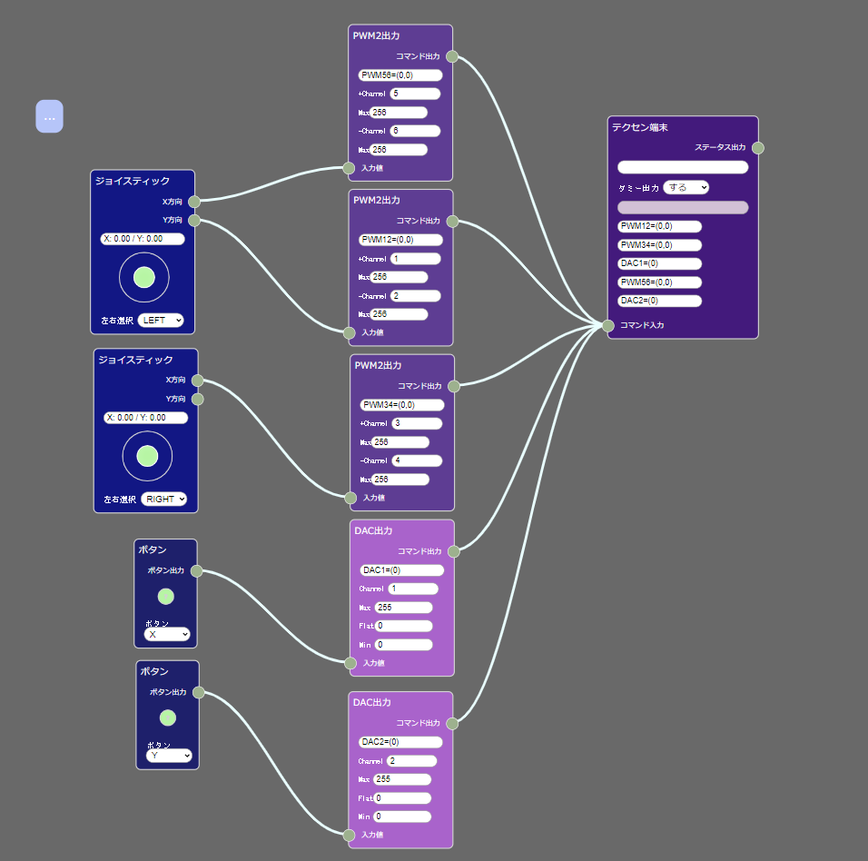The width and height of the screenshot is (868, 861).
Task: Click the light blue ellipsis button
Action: point(49,116)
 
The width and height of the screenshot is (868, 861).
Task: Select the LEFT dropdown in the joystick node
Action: point(161,320)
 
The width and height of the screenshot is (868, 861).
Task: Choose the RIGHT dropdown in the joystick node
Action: point(163,499)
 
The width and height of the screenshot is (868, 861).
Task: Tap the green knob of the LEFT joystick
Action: point(143,277)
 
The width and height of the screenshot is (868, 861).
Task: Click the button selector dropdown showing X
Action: point(167,634)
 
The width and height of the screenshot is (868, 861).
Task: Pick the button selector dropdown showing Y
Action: point(169,755)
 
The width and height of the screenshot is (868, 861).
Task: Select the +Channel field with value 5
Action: point(415,94)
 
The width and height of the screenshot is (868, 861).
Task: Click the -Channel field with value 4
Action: point(417,460)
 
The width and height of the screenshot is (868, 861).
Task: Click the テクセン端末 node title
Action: point(640,128)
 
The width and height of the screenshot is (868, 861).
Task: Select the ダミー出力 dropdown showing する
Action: point(686,188)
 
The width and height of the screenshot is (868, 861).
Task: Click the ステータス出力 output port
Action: point(758,148)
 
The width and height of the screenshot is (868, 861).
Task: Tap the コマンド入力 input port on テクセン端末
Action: point(608,325)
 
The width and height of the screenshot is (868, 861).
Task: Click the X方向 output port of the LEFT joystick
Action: point(194,202)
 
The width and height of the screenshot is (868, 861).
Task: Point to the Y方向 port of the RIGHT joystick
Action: point(197,399)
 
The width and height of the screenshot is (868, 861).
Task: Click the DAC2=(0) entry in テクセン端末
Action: point(659,301)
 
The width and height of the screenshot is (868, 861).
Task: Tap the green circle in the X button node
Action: point(165,597)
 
